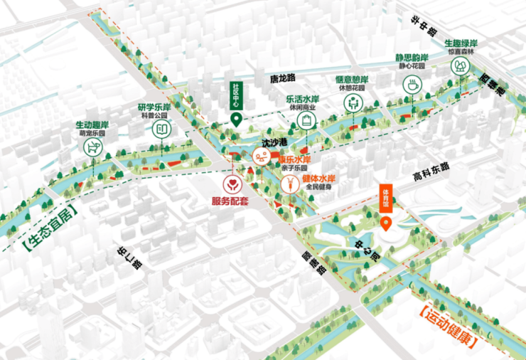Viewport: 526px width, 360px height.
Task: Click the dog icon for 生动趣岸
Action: pos(91,148)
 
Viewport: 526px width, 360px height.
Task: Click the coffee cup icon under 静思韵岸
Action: pos(411,85)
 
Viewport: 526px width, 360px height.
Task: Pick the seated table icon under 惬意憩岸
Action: pos(352,103)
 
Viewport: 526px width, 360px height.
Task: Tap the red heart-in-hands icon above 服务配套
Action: pos(230,185)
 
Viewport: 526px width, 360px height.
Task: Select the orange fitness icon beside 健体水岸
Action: pos(291,184)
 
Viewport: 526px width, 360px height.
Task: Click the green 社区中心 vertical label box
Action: pos(236,96)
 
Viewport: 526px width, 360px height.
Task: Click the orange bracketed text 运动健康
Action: pos(447,324)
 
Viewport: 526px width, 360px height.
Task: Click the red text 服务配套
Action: pos(230,202)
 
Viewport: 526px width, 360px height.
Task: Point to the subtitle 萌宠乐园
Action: pos(92,133)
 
